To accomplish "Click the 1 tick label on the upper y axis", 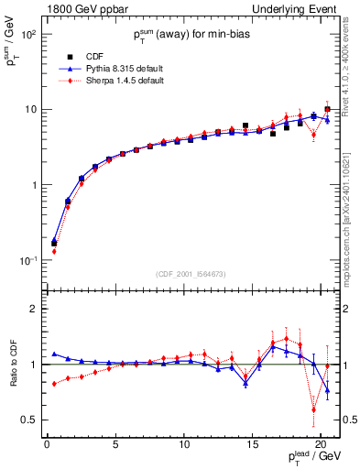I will point(33,185).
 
